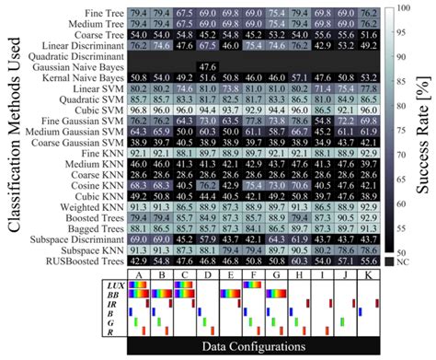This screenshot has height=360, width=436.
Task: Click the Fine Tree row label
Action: (104, 11)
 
